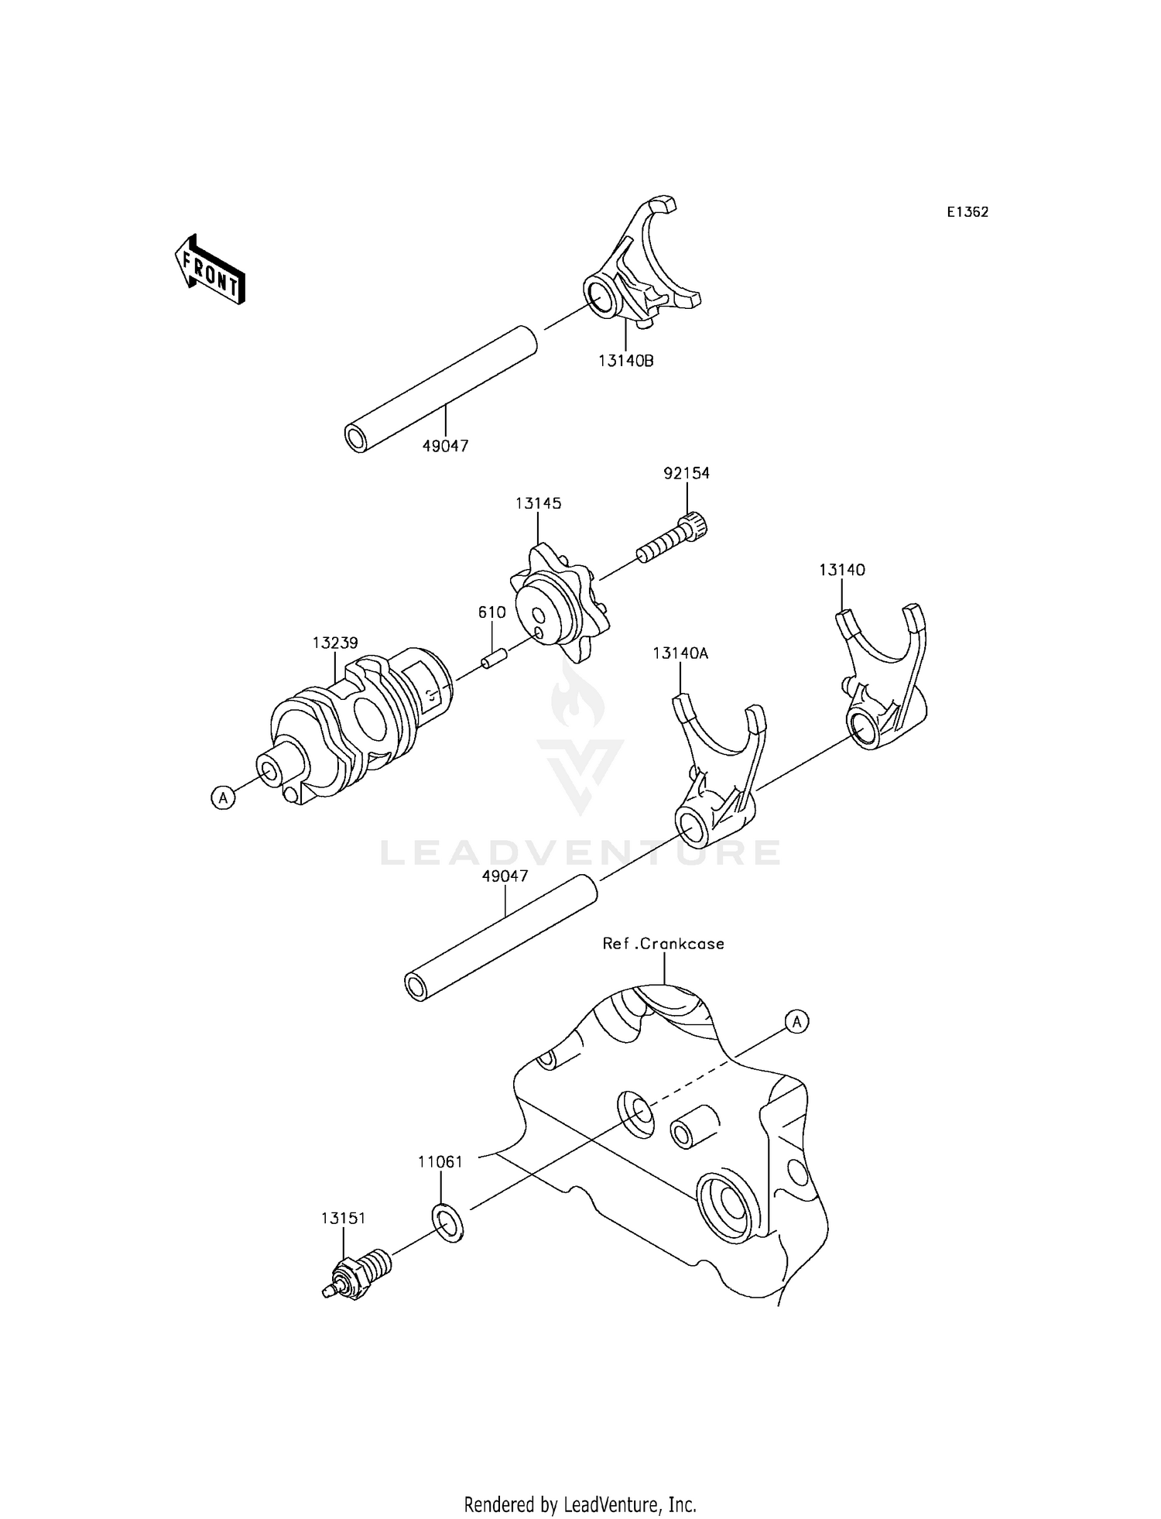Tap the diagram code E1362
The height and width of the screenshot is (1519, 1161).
967,212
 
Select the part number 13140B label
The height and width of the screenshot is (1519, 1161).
625,360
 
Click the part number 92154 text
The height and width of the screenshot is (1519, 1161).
686,473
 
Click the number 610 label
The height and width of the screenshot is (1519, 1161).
491,612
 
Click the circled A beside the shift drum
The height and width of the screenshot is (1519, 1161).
223,797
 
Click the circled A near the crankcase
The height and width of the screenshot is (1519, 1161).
796,1022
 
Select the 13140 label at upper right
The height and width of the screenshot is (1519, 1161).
842,570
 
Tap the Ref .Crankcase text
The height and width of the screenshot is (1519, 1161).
664,944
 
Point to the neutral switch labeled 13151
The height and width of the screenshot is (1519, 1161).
360,1274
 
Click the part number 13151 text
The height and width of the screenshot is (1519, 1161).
343,1218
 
